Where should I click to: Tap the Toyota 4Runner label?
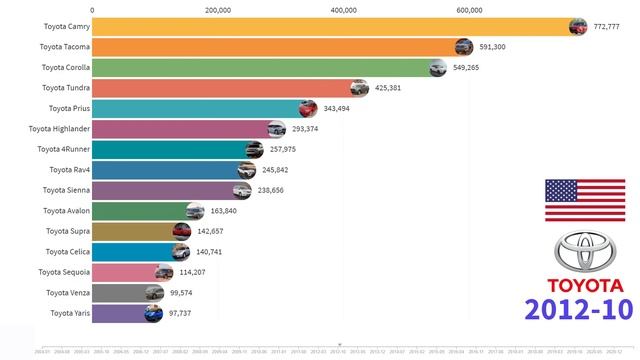[x=63, y=150]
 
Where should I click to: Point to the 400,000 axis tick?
[x=343, y=10]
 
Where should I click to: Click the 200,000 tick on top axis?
[x=217, y=10]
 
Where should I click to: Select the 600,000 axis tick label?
[x=469, y=10]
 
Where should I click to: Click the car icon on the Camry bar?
[x=578, y=28]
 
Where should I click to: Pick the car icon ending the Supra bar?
[x=181, y=232]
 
